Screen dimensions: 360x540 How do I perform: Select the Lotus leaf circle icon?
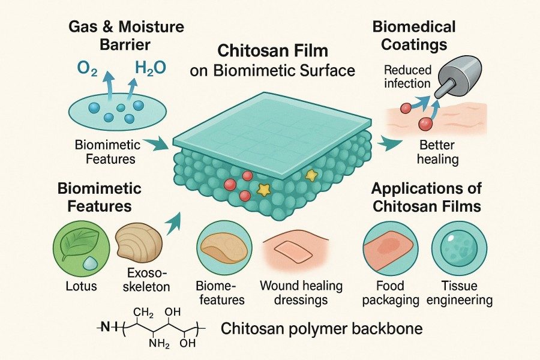pyautogui.click(x=75, y=247)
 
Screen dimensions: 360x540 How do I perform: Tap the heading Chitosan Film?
pyautogui.click(x=272, y=50)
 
